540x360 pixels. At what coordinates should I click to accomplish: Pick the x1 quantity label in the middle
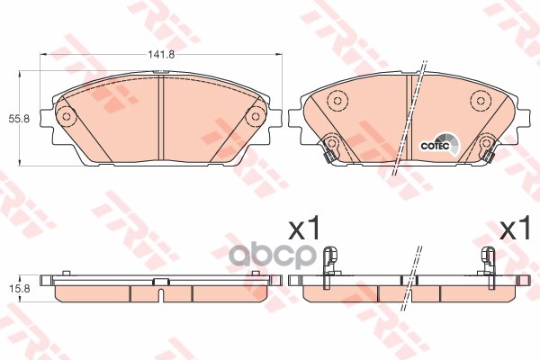point(303,229)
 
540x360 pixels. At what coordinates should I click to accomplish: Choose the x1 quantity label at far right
point(515,229)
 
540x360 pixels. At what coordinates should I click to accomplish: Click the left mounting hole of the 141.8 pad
point(65,116)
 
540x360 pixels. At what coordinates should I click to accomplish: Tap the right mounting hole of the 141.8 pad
point(256,116)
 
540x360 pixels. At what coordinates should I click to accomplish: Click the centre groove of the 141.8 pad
point(160,117)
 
